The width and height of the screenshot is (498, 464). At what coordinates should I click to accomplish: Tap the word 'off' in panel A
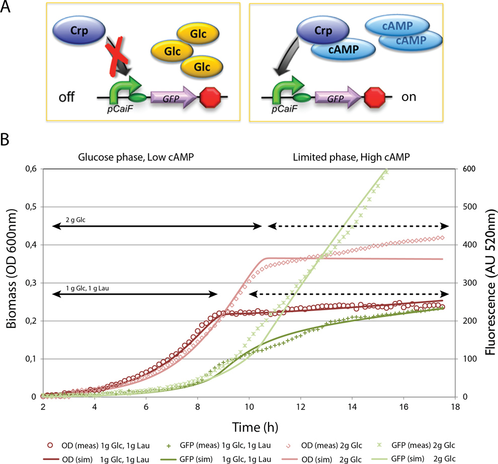(x=65, y=97)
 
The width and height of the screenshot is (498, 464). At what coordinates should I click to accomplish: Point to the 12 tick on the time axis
(x=300, y=406)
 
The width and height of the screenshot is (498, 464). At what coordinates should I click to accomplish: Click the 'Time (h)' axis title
(x=249, y=426)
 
